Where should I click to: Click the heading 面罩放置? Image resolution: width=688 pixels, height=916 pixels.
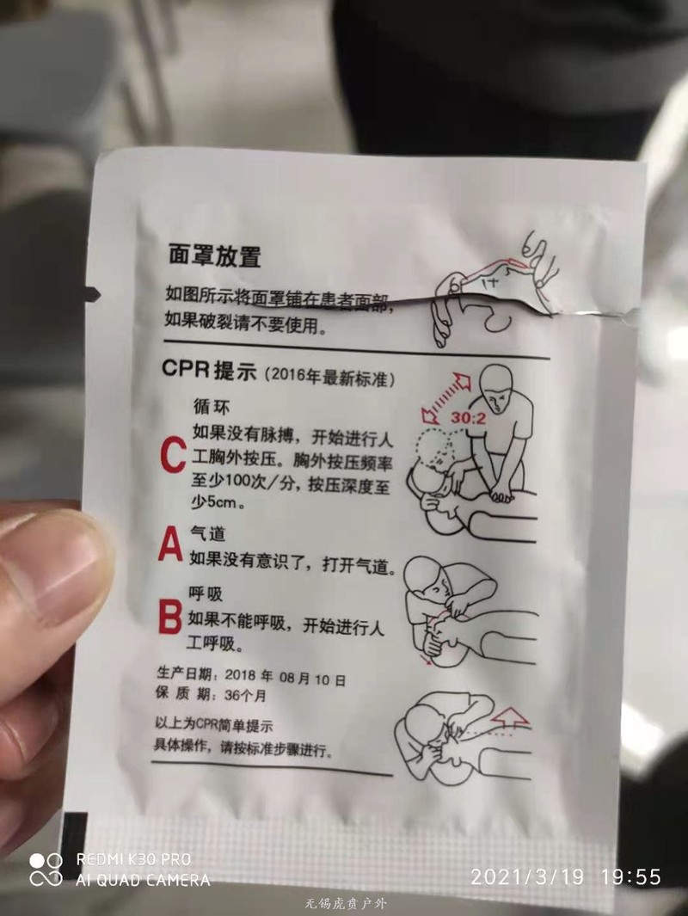pyautogui.click(x=215, y=255)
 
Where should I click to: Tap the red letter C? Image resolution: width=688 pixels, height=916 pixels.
pyautogui.click(x=173, y=456)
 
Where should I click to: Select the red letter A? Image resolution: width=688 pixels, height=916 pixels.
pyautogui.click(x=170, y=544)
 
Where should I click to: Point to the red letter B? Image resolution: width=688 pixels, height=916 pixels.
pyautogui.click(x=170, y=618)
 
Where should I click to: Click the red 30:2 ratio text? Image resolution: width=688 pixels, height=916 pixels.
pyautogui.click(x=468, y=418)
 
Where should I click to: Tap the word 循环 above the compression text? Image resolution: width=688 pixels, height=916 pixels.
pyautogui.click(x=212, y=406)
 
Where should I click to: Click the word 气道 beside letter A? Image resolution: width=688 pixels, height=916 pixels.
pyautogui.click(x=207, y=532)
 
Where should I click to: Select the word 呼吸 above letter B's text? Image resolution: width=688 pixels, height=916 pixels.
pyautogui.click(x=206, y=593)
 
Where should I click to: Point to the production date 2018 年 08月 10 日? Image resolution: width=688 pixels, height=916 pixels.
pyautogui.click(x=286, y=678)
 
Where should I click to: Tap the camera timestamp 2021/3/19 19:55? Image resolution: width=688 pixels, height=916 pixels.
pyautogui.click(x=565, y=876)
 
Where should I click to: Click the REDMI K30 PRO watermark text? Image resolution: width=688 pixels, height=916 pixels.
pyautogui.click(x=133, y=859)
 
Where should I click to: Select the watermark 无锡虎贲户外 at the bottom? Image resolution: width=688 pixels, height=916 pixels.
pyautogui.click(x=346, y=904)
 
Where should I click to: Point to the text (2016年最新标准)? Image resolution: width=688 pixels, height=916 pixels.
pyautogui.click(x=329, y=377)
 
